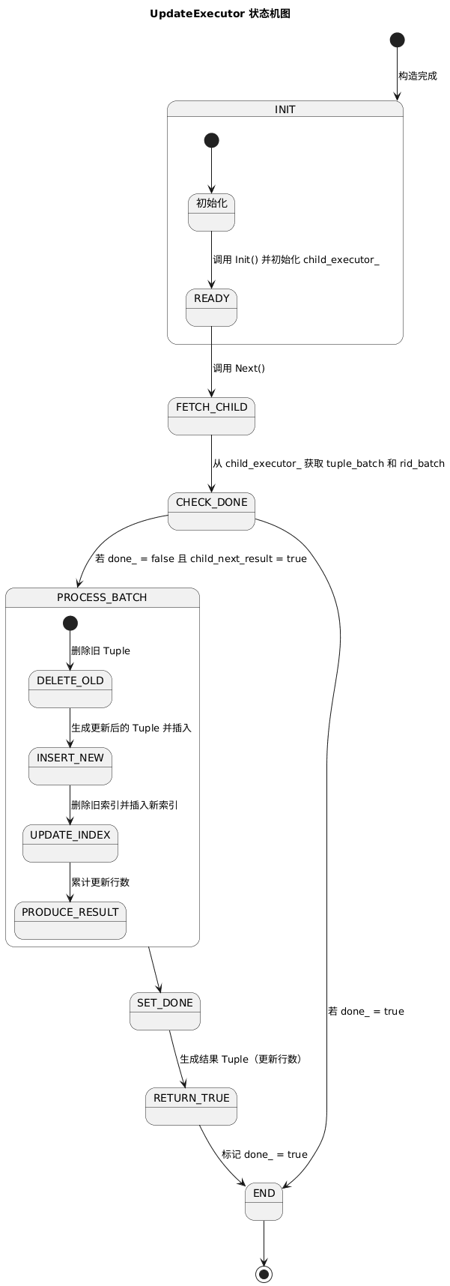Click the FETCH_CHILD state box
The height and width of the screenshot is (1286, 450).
(x=211, y=416)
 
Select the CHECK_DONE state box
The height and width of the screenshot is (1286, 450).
(x=211, y=511)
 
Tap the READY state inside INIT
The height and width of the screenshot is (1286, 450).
(x=211, y=307)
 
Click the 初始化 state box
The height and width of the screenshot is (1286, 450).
(x=211, y=212)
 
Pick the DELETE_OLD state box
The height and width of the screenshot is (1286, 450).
(x=70, y=689)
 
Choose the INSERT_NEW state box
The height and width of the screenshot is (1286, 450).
(x=70, y=766)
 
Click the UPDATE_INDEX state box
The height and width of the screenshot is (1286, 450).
(x=70, y=843)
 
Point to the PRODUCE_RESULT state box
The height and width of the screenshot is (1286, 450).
(x=70, y=920)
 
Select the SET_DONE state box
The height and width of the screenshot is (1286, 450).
(x=165, y=1011)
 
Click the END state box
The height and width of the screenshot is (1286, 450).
(x=264, y=1201)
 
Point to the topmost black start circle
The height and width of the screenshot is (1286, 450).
(x=397, y=40)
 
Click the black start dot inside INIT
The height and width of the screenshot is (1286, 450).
(x=211, y=140)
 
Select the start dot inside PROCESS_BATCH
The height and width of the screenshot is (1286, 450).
(x=70, y=623)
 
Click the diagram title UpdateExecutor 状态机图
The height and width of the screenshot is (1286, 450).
(x=220, y=13)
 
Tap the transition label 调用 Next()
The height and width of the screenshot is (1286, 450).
(x=239, y=368)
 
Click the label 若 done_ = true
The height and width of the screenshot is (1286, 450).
(x=365, y=1011)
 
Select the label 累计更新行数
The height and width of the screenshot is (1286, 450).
(x=100, y=882)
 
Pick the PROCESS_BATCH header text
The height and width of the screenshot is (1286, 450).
(x=102, y=597)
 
